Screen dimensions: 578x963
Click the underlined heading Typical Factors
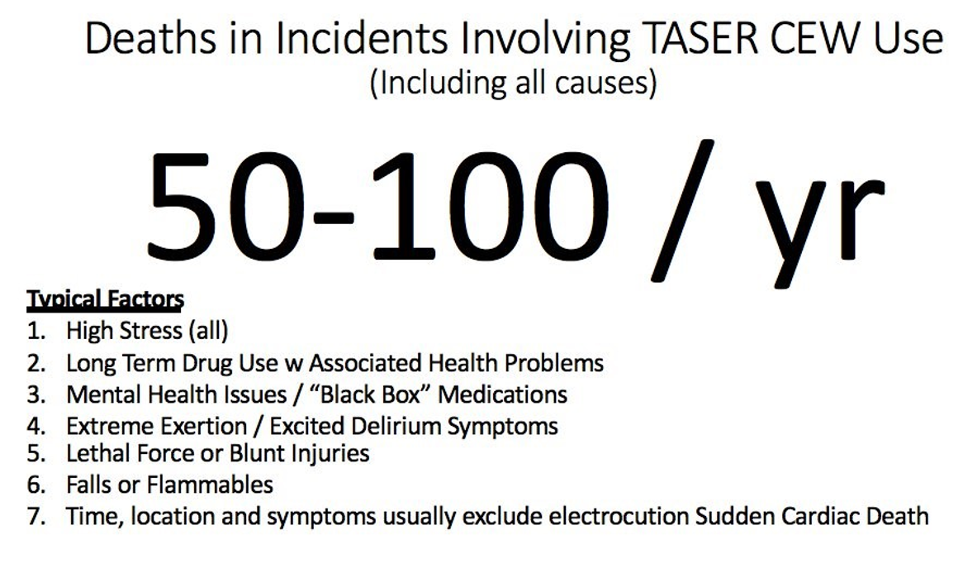pyautogui.click(x=105, y=299)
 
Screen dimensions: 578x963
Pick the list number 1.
pyautogui.click(x=34, y=332)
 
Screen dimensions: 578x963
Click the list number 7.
pyautogui.click(x=34, y=517)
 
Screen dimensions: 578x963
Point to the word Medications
pyautogui.click(x=502, y=394)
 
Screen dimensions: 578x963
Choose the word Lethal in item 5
pyautogui.click(x=97, y=453)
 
